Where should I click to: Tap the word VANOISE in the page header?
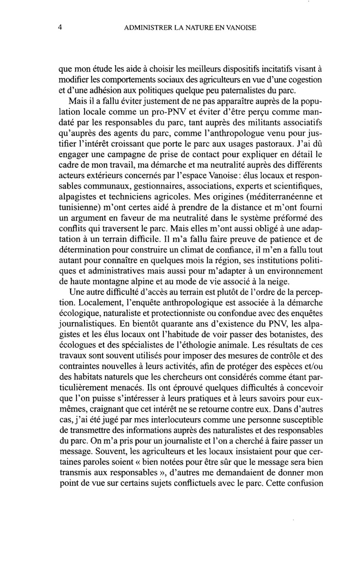tap(239, 28)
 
